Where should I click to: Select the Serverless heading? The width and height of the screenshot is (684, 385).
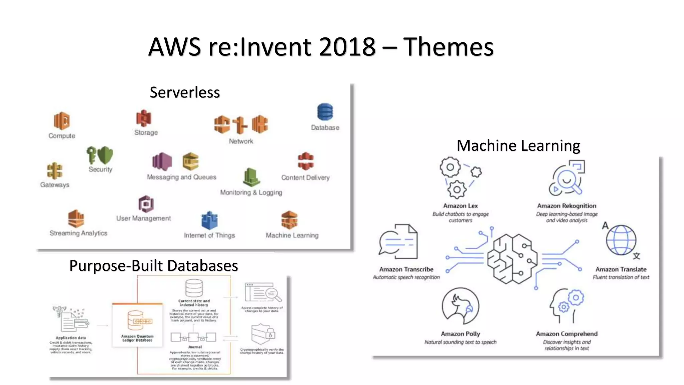[185, 92]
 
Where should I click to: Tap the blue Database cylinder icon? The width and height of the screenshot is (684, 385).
[325, 112]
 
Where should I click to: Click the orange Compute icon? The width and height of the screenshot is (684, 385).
[62, 121]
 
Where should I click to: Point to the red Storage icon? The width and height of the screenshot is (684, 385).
[144, 118]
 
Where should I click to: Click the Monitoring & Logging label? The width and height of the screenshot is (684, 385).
[251, 192]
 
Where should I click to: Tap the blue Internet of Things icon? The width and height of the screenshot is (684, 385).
[209, 221]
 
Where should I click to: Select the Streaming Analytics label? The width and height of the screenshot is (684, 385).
[78, 233]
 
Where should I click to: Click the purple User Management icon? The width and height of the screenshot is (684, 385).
[146, 204]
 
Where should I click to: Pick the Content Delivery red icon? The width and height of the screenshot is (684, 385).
[306, 161]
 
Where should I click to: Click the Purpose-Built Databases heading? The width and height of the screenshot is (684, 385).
[154, 266]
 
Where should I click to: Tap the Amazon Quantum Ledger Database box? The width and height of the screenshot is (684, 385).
[137, 325]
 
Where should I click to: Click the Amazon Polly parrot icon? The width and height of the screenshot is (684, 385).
[460, 306]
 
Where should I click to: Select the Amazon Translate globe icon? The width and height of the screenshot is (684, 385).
[621, 240]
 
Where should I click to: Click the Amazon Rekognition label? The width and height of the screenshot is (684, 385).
[566, 206]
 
